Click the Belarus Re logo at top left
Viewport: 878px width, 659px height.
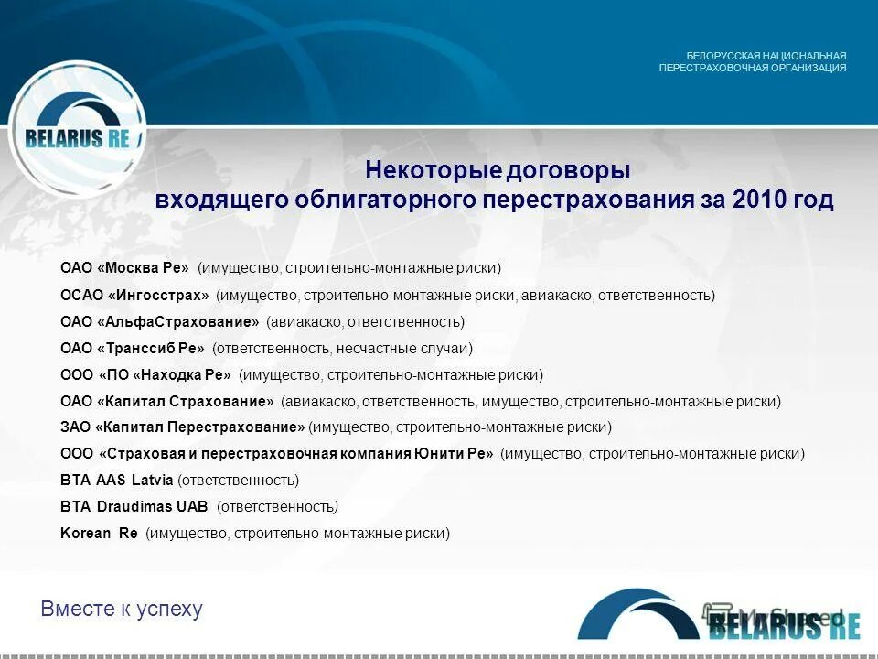[x=78, y=128]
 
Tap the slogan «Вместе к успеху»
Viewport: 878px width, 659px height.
[x=122, y=609]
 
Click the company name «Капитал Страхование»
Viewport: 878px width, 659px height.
[x=186, y=402]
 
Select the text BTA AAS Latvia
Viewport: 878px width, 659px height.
[x=116, y=481]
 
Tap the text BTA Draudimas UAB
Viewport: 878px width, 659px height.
[x=134, y=507]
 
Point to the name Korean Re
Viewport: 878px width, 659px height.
[x=99, y=534]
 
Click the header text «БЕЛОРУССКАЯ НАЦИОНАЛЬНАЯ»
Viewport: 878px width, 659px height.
[x=766, y=55]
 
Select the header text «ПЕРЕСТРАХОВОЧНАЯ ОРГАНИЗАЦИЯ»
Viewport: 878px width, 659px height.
[x=753, y=68]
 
